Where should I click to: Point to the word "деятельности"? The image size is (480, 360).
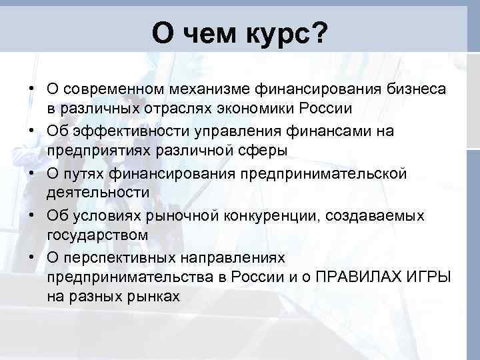click(x=98, y=193)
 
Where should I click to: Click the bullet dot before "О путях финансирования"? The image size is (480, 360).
click(x=32, y=174)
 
